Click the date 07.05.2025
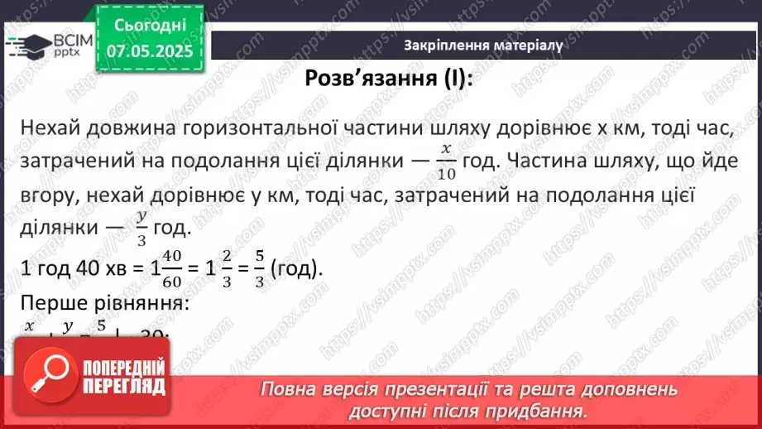(149, 51)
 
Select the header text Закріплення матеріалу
(483, 46)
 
